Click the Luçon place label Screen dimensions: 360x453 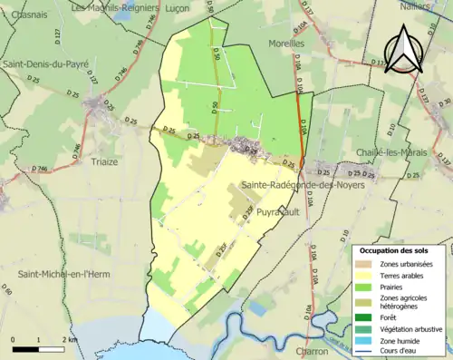tap(178, 7)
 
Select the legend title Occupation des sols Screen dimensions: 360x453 tap(394, 249)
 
